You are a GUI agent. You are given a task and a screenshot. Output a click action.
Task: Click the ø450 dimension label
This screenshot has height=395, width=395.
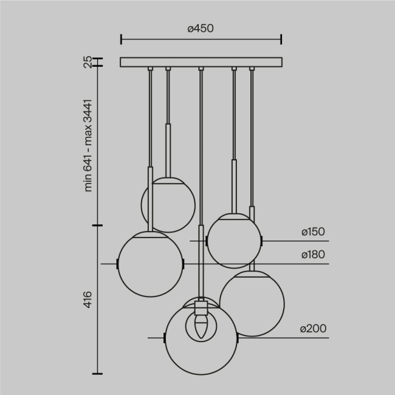[x=201, y=28]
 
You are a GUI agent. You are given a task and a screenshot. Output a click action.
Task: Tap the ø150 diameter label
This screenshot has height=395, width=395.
[x=313, y=232]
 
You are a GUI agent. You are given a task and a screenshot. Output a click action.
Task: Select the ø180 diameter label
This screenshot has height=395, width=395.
[x=313, y=255]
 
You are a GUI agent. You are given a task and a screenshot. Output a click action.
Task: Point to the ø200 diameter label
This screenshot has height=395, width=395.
[x=313, y=329]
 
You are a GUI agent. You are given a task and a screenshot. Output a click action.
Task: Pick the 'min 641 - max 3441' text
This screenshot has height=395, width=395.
[x=88, y=145]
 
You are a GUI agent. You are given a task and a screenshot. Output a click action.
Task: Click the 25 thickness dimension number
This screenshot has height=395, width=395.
[x=88, y=61]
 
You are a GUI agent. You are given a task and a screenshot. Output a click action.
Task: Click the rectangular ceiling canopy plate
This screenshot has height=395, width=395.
[x=201, y=62]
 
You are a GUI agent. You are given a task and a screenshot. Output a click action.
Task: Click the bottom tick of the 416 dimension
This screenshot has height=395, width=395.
[x=97, y=373]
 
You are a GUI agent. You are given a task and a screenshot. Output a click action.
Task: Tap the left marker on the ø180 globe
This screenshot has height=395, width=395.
[x=117, y=264]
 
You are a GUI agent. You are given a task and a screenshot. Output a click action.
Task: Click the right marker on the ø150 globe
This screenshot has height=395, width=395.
[x=262, y=241]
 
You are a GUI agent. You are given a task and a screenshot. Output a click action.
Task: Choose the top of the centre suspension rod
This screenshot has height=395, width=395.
[x=201, y=69]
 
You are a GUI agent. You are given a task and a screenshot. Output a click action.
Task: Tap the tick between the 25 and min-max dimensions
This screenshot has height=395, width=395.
[x=97, y=67]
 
